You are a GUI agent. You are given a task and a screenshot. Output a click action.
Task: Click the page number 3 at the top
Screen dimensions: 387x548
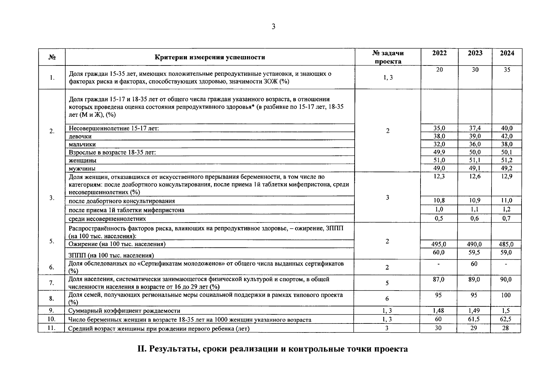(273, 27)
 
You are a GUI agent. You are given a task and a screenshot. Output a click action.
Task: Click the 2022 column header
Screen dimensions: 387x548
(439, 53)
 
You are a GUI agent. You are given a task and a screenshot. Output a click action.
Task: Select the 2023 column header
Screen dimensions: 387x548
(475, 53)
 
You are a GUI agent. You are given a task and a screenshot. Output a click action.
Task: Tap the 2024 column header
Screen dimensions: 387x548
(507, 53)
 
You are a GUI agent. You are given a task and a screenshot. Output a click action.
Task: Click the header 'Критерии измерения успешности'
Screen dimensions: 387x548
(210, 57)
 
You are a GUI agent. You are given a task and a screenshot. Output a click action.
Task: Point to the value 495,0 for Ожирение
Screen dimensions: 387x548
(439, 244)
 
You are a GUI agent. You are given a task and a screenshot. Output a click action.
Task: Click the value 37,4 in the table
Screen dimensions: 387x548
(475, 128)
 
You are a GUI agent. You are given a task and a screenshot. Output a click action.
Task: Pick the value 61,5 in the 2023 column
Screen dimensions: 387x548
(474, 319)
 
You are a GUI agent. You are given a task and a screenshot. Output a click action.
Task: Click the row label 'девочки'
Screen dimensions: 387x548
(80, 136)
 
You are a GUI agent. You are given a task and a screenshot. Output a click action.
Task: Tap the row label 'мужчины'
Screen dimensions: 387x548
(82, 168)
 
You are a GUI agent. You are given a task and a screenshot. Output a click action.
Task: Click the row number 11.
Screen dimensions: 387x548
(52, 328)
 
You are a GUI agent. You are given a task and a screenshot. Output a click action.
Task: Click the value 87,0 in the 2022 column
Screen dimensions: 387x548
(438, 280)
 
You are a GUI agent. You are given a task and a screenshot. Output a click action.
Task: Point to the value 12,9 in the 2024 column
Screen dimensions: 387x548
(507, 176)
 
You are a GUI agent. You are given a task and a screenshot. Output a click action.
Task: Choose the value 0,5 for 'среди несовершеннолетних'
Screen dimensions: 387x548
(439, 219)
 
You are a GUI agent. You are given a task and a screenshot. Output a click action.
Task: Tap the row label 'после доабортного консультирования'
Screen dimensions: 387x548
(122, 201)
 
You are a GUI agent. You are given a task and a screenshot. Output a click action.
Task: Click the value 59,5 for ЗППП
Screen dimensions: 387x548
(474, 253)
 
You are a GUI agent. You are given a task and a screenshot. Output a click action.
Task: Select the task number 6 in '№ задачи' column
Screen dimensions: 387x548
(387, 299)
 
